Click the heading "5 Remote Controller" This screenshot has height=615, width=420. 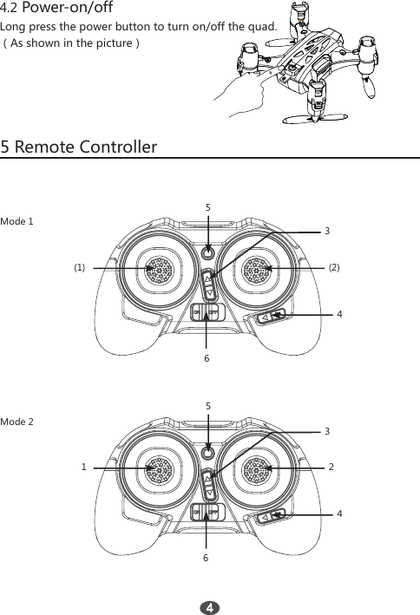tap(79, 146)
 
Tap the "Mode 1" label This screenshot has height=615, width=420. tap(17, 221)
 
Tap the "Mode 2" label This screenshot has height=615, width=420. tap(17, 422)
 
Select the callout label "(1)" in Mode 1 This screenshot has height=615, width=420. tap(80, 268)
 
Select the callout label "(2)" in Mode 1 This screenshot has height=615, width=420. tap(334, 268)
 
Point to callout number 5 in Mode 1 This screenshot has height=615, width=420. tap(208, 208)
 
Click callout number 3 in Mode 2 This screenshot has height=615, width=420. tap(326, 431)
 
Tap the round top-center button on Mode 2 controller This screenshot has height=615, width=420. tap(207, 454)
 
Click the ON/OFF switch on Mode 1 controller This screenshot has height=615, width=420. tap(207, 311)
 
